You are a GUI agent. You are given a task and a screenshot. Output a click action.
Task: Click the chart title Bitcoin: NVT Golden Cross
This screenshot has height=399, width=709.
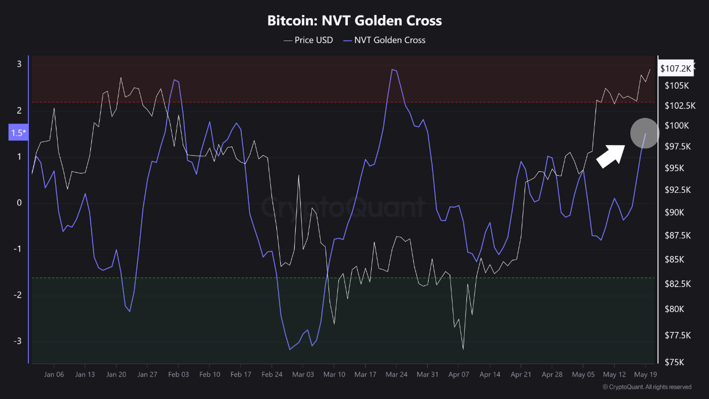point(354,21)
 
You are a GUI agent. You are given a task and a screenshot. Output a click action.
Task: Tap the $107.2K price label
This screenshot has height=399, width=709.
point(675,68)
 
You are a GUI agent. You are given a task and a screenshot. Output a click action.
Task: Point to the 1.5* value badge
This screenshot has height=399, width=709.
point(18,133)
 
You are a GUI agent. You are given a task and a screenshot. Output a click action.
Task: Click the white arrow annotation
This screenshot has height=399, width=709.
point(611,156)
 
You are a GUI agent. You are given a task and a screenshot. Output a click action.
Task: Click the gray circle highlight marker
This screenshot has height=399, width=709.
point(645,133)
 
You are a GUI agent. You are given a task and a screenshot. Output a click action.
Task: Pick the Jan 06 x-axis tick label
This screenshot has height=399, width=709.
point(54,375)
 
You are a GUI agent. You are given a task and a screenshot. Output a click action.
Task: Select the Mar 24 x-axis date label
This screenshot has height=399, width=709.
point(396,375)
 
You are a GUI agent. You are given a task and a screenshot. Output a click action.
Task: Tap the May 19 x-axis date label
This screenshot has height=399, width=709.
point(645,375)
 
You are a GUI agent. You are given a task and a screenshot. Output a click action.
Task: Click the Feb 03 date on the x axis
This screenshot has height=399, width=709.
point(178,375)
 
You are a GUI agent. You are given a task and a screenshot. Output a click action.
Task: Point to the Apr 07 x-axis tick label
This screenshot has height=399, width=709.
point(459,375)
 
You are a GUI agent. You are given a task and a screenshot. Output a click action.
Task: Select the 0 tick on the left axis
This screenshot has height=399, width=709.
point(19,203)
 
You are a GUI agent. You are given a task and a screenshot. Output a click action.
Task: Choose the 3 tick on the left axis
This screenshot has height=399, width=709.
point(19,64)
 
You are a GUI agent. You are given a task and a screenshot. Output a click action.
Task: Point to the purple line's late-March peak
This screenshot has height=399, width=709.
point(392,69)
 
